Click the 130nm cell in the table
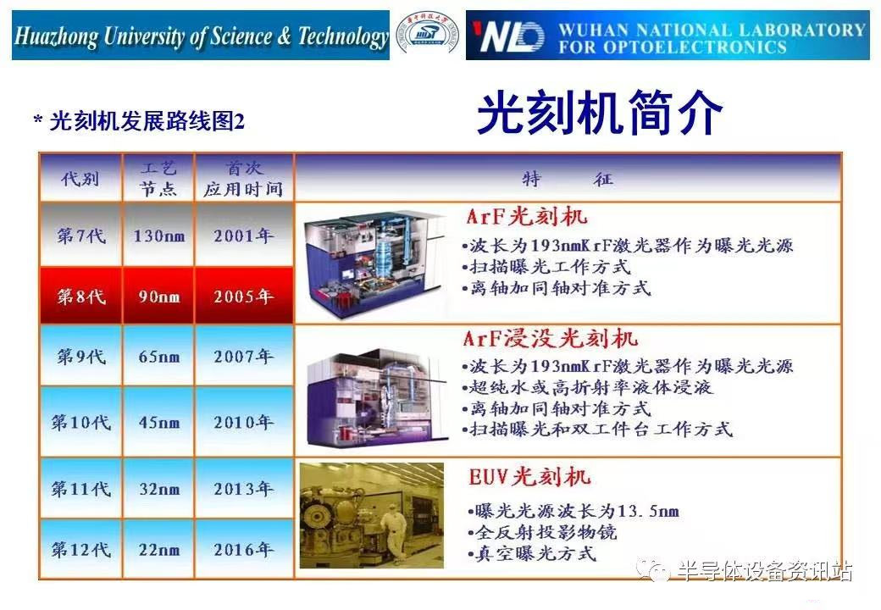(158, 236)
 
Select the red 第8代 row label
(81, 297)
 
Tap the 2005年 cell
(244, 297)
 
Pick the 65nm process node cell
(158, 357)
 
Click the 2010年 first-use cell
(244, 422)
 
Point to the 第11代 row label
(81, 489)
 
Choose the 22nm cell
(158, 550)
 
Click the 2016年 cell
(244, 550)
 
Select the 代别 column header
(80, 179)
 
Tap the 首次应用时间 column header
(243, 179)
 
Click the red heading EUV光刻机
(529, 477)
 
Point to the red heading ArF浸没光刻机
(551, 340)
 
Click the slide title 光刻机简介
(600, 114)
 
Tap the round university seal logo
(428, 35)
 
